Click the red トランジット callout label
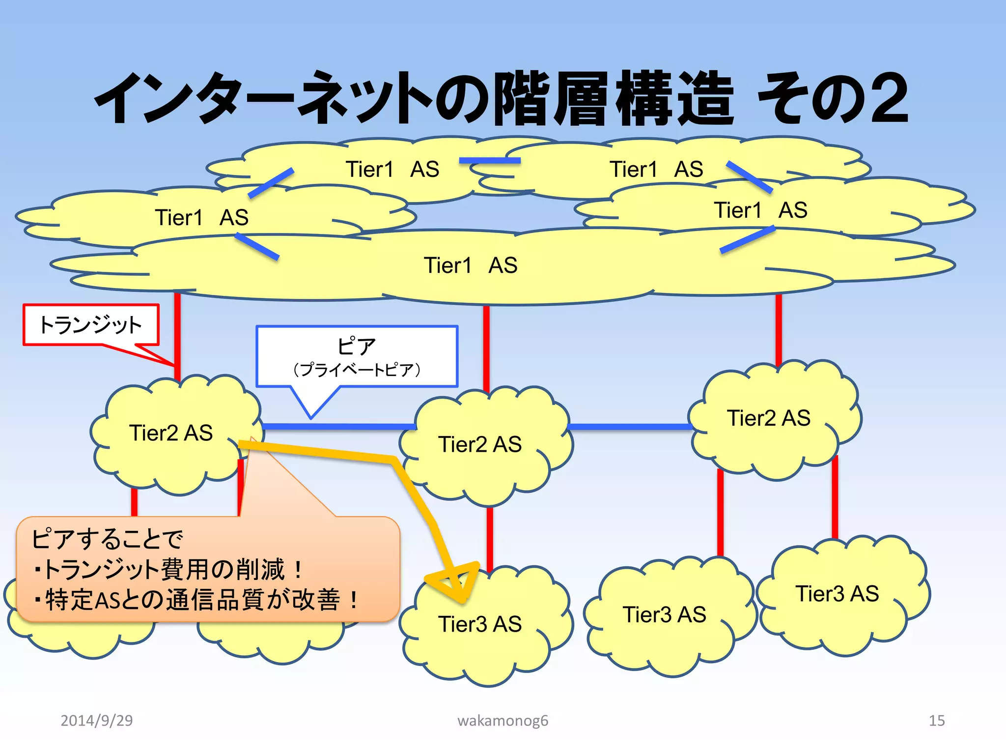point(91,325)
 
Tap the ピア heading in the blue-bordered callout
point(356,347)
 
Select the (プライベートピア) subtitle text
point(357,370)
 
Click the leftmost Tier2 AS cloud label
point(170,433)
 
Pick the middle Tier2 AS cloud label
point(479,444)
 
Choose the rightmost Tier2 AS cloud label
point(768,418)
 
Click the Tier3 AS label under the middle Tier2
point(479,624)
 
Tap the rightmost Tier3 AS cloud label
point(837,594)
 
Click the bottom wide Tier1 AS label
point(471,265)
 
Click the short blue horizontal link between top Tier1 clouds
point(490,161)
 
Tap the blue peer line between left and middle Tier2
point(339,426)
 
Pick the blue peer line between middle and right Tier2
point(630,426)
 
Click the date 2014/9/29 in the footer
point(96,721)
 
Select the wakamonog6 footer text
point(503,721)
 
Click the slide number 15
point(936,721)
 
